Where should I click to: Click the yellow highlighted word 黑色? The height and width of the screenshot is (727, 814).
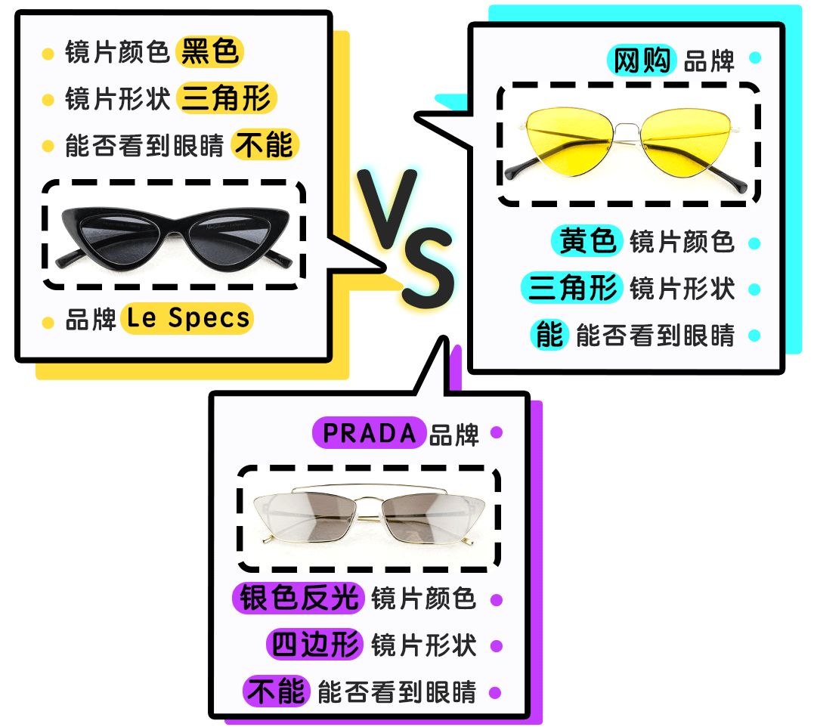tap(210, 52)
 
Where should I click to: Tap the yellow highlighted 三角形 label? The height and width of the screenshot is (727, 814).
tap(227, 98)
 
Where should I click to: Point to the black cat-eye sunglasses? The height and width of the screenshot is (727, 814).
tap(173, 234)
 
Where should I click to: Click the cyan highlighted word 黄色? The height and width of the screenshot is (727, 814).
tap(588, 242)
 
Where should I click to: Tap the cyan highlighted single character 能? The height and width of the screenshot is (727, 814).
tap(549, 334)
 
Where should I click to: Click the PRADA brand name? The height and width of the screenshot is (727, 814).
tap(370, 434)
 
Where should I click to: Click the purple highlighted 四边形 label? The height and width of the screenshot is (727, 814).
tap(316, 645)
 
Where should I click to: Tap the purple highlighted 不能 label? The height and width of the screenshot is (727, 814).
tap(276, 691)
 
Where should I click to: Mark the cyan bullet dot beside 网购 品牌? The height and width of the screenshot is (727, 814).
tap(754, 57)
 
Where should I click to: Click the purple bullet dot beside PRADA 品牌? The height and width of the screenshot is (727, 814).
tap(497, 433)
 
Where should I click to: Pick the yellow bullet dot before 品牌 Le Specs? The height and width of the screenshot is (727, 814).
tap(48, 322)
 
